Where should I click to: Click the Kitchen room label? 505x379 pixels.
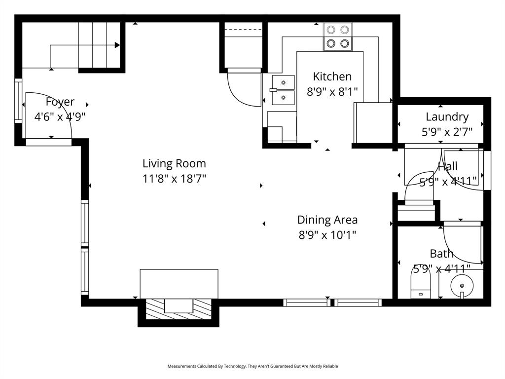coord(332,76)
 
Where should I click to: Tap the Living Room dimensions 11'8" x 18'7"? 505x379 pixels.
coord(174,179)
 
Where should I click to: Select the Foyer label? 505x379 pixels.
coord(60,102)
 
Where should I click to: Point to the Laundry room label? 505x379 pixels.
coord(447,117)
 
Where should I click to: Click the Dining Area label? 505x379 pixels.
coord(327,220)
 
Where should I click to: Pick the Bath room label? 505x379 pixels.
coord(441,254)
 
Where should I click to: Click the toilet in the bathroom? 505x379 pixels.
coord(421,285)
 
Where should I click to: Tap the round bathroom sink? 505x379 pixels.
coord(462,286)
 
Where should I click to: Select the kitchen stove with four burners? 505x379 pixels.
coord(338,37)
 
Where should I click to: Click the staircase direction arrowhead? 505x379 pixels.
coord(117,45)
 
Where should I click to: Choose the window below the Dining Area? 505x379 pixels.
coord(332,303)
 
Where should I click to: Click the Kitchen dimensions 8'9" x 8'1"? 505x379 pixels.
coord(332,91)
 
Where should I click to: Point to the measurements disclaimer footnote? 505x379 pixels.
coord(252,366)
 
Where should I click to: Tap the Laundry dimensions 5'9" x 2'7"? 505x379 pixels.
coord(447,132)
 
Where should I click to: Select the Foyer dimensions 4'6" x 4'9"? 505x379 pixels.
coord(60,117)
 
